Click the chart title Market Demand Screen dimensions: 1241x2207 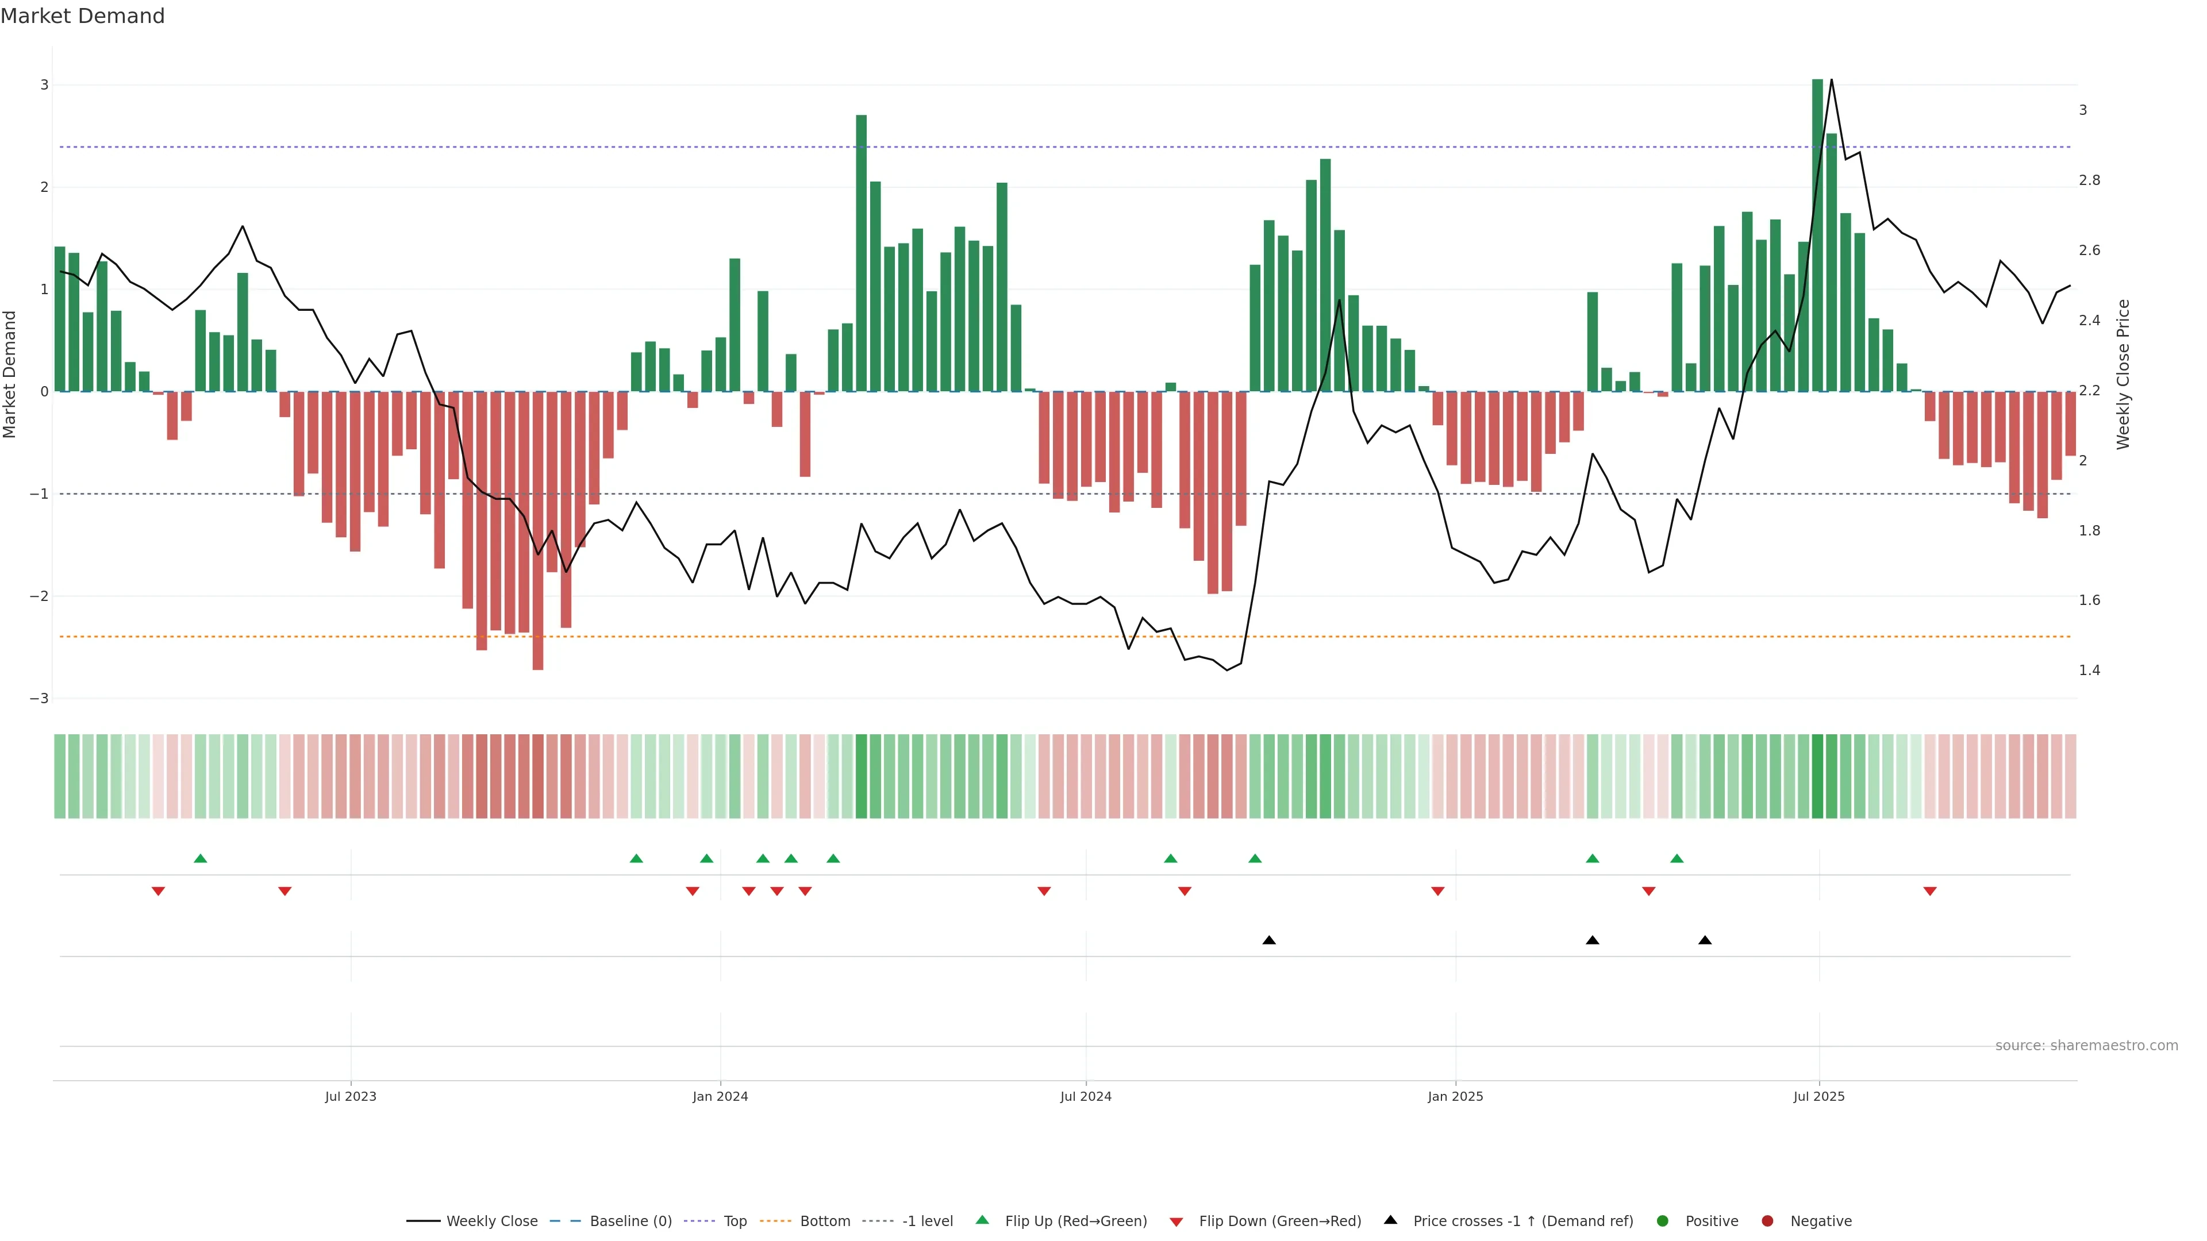click(82, 16)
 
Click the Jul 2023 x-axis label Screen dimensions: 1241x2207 click(351, 1096)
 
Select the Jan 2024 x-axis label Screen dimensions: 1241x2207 click(720, 1096)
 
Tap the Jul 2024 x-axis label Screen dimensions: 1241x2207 click(1086, 1096)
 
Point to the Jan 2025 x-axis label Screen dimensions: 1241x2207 click(1455, 1096)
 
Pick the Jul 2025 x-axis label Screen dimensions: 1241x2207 click(1818, 1096)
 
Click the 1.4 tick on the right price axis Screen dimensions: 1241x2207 click(2089, 670)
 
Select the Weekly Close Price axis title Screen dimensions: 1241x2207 click(2122, 374)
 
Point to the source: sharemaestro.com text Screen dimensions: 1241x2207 click(2086, 1046)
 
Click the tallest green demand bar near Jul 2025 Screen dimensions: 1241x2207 click(1817, 236)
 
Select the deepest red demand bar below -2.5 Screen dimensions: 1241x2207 click(538, 531)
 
